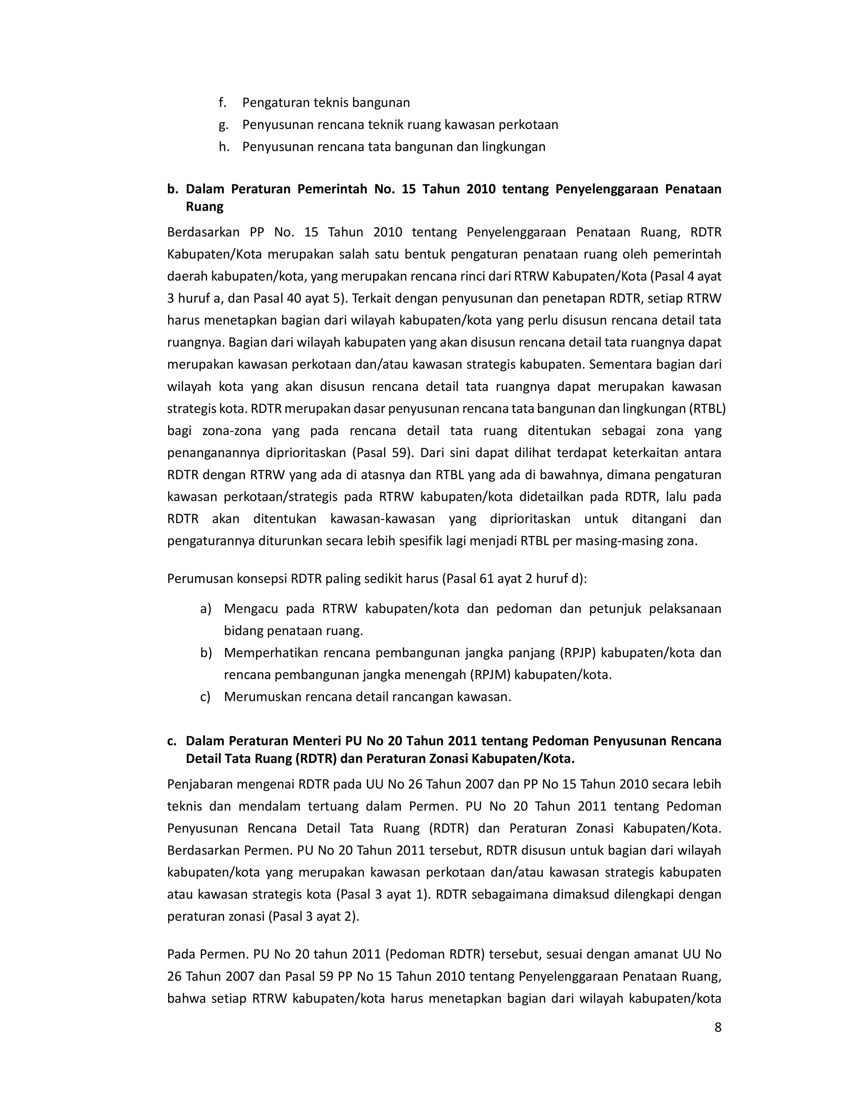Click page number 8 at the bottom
pos(718,1027)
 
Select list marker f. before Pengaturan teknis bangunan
pos(223,102)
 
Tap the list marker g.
pos(223,125)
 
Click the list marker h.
pos(223,147)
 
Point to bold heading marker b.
pos(173,189)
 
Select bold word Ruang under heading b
pos(204,206)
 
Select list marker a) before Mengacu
pos(206,609)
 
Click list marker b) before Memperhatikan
pos(206,653)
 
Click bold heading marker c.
pos(172,741)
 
